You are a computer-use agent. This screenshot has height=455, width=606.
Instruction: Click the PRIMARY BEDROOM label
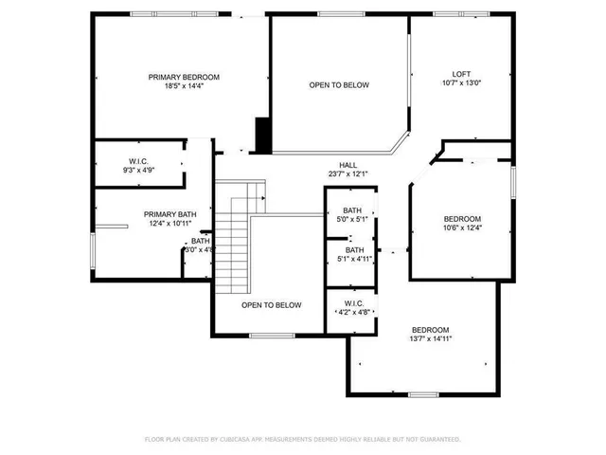(x=184, y=77)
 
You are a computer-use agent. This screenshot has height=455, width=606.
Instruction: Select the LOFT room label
(x=460, y=74)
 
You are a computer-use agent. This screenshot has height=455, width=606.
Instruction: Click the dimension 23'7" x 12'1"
(x=348, y=173)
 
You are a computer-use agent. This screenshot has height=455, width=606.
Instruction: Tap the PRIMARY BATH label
(x=170, y=214)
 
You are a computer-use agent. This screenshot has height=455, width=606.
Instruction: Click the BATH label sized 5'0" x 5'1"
(x=352, y=210)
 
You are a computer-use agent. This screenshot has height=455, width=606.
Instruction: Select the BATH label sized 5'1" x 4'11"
(x=353, y=250)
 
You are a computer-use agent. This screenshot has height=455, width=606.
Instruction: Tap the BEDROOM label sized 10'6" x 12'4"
(x=462, y=218)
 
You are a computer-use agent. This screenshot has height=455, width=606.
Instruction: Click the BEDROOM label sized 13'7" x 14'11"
(x=430, y=329)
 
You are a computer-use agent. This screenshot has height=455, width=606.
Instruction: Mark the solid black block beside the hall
(x=263, y=135)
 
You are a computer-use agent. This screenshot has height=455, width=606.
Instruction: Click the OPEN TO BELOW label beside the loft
(x=339, y=85)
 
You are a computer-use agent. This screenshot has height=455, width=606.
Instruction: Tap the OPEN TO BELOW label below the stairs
(x=271, y=305)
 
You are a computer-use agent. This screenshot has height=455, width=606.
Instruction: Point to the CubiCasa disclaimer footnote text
(x=302, y=440)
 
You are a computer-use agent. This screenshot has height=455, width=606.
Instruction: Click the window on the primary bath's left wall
(x=93, y=254)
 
